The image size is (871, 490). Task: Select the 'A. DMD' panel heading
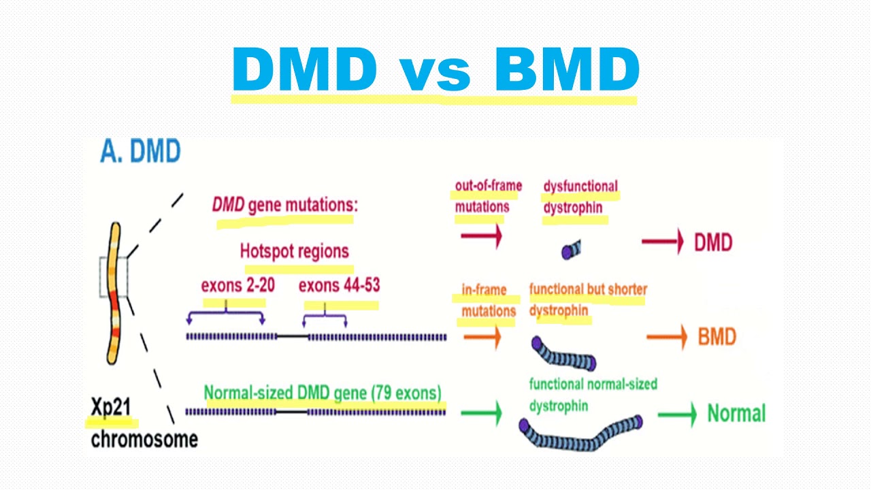coord(140,151)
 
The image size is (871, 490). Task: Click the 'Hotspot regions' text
coord(295,251)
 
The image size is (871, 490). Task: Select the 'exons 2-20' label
coord(238,285)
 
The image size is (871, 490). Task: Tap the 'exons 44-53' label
coord(339,285)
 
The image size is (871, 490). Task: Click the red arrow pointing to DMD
coord(662,242)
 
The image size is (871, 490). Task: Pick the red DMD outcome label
coord(713,242)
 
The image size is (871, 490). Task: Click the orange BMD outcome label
coord(717,337)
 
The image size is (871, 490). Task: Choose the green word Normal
coord(736,413)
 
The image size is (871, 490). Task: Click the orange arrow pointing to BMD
coord(666,337)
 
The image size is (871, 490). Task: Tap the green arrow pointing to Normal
coord(677,414)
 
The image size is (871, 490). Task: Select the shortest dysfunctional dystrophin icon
coord(572,250)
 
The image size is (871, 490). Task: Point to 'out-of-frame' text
coord(488,186)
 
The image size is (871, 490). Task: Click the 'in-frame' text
coord(484,290)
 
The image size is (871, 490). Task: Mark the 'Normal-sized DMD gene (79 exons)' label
coord(323,393)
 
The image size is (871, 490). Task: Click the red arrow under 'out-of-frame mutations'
coord(481,235)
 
